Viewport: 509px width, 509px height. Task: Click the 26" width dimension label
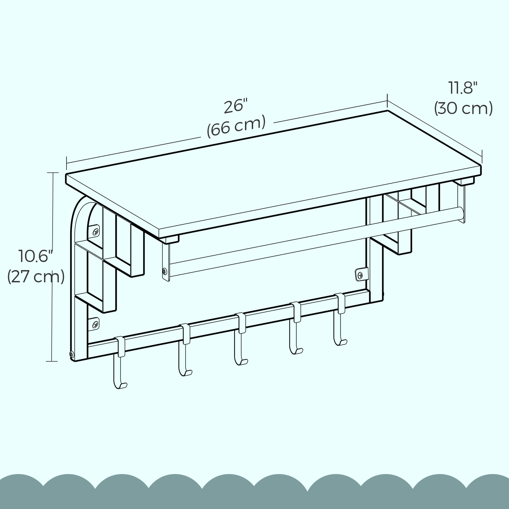(235, 107)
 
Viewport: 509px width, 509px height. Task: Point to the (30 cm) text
(464, 108)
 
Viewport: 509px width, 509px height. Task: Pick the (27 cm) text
(36, 277)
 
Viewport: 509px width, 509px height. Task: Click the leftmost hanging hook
(120, 362)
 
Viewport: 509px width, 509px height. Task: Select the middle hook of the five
(241, 339)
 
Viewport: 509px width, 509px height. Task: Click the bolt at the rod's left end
(165, 271)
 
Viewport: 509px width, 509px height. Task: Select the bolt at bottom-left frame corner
(71, 355)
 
